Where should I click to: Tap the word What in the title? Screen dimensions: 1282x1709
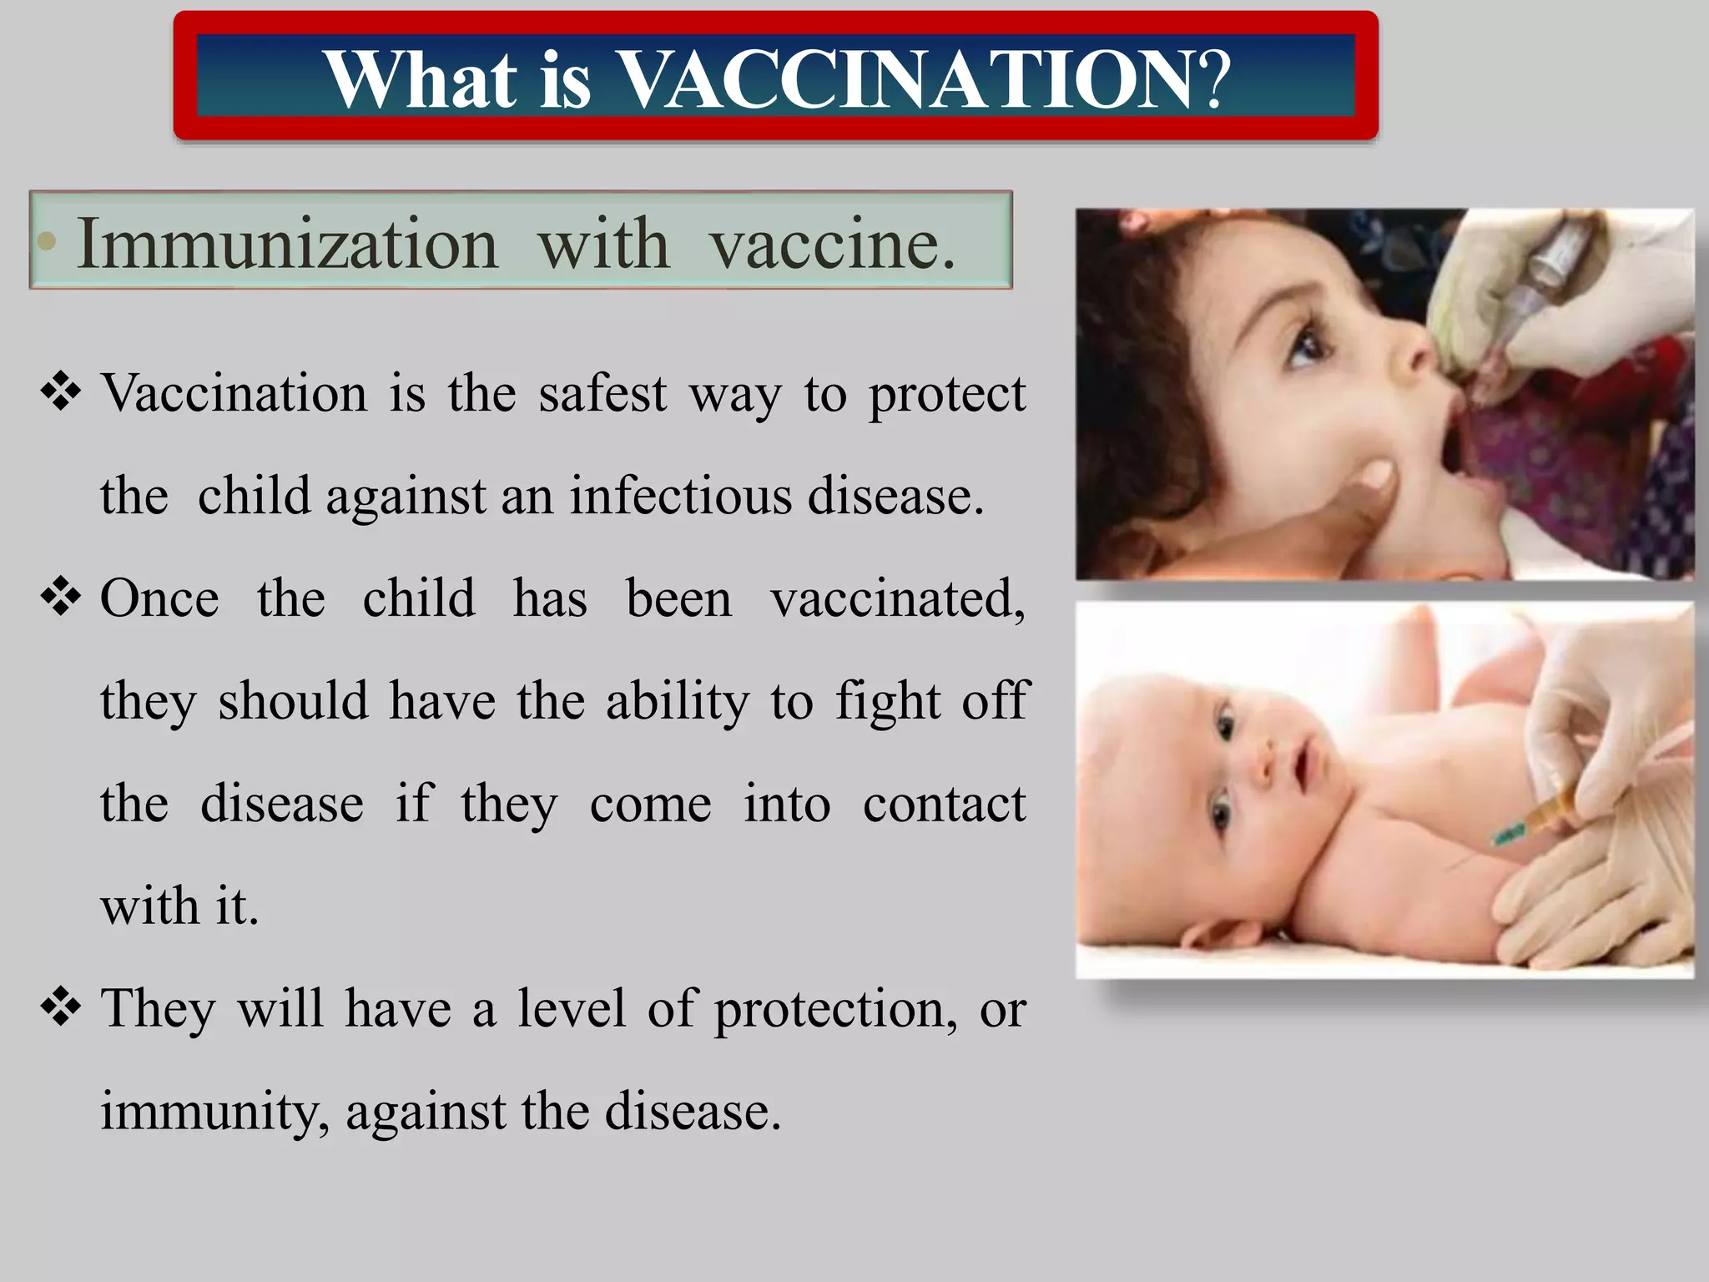(421, 79)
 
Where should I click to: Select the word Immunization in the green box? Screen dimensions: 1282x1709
(287, 244)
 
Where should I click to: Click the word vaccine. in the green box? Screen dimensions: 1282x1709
(832, 244)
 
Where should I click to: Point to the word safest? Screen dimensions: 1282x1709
(602, 393)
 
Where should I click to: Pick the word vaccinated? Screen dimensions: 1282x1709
(898, 599)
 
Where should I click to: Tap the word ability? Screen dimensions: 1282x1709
(677, 701)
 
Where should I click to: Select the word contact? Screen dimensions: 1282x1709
(944, 804)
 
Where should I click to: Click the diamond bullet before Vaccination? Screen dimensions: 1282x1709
(61, 391)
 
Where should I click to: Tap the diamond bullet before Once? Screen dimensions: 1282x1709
(61, 598)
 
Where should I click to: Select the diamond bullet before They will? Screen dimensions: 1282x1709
(61, 1007)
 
